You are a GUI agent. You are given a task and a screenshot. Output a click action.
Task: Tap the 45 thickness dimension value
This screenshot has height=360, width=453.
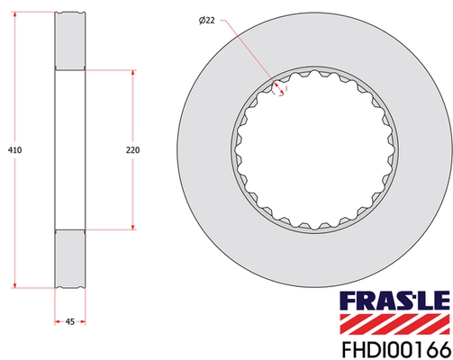[69, 319]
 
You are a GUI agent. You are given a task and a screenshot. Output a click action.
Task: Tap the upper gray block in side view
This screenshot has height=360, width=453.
[69, 40]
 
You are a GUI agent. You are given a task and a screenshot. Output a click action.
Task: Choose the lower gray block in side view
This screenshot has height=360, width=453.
[69, 258]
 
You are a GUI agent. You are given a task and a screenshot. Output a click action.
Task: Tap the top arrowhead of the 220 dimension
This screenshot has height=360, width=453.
[132, 72]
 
